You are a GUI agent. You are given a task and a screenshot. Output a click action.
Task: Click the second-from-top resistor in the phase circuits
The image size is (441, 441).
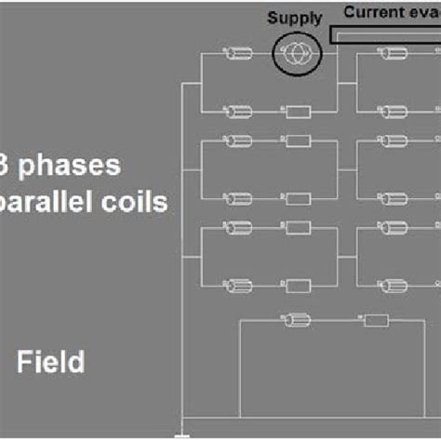coord(298,140)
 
